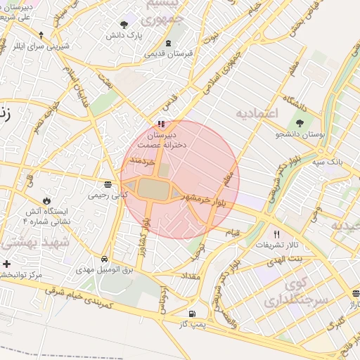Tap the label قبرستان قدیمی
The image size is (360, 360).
165,53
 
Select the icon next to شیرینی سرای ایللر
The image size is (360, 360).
41,35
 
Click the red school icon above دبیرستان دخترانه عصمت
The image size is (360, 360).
161,124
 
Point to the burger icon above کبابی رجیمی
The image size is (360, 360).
107,184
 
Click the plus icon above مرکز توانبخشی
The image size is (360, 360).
7,264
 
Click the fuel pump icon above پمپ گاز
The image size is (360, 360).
192,313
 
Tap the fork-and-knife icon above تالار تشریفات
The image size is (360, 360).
276,234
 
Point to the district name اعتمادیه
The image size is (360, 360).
257,112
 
